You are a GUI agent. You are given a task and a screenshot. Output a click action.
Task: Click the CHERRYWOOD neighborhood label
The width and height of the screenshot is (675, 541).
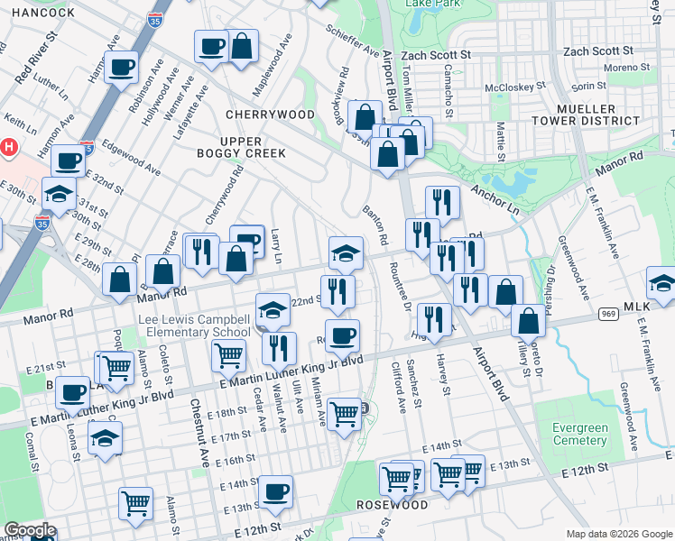tap(270, 115)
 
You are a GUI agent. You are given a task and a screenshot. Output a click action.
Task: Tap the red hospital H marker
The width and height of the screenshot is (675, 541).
tap(9, 146)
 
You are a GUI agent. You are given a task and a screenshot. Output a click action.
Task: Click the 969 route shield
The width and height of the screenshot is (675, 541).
tap(607, 314)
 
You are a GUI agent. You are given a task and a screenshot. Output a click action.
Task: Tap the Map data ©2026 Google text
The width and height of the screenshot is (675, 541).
tap(619, 534)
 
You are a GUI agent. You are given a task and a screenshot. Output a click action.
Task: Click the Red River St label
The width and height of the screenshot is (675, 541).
tap(34, 57)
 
